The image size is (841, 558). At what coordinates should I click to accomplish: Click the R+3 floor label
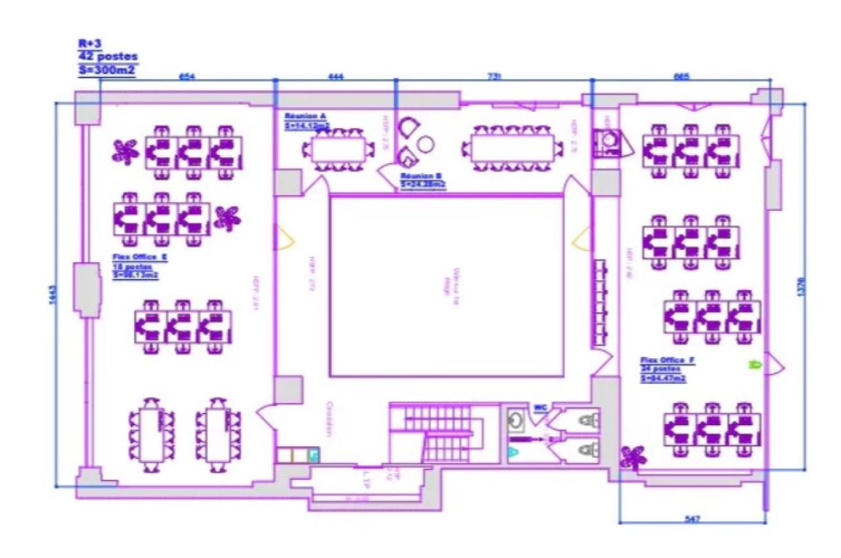pyautogui.click(x=88, y=44)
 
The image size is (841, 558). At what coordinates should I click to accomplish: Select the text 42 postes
pyautogui.click(x=108, y=57)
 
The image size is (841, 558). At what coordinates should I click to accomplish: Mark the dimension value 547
pyautogui.click(x=692, y=519)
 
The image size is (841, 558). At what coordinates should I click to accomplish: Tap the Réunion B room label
pyautogui.click(x=421, y=176)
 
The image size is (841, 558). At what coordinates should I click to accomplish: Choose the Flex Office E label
pyautogui.click(x=140, y=258)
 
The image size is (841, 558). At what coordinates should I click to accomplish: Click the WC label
pyautogui.click(x=540, y=407)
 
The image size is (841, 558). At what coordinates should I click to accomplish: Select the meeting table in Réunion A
pyautogui.click(x=338, y=150)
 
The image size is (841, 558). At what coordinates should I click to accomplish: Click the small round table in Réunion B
pyautogui.click(x=426, y=143)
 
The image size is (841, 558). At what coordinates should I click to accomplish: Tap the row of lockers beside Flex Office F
pyautogui.click(x=599, y=302)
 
